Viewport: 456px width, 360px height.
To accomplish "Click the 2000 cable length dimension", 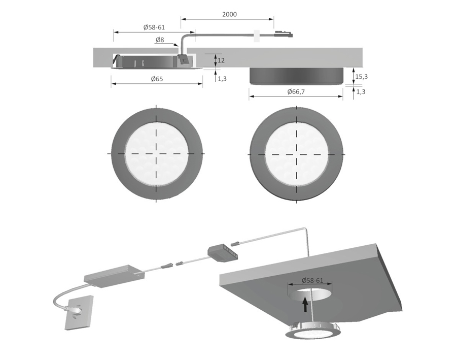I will coord(229,15).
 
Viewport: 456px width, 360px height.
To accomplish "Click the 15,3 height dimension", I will coord(361,76).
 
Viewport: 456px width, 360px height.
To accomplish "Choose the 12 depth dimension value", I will coord(221,60).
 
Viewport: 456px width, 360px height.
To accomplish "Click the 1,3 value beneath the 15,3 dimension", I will coord(361,91).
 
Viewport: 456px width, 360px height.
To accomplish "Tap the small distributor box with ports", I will coord(223,250).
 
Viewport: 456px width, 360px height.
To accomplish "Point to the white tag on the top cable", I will coord(256,35).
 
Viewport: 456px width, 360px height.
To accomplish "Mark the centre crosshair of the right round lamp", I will coord(297,153).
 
